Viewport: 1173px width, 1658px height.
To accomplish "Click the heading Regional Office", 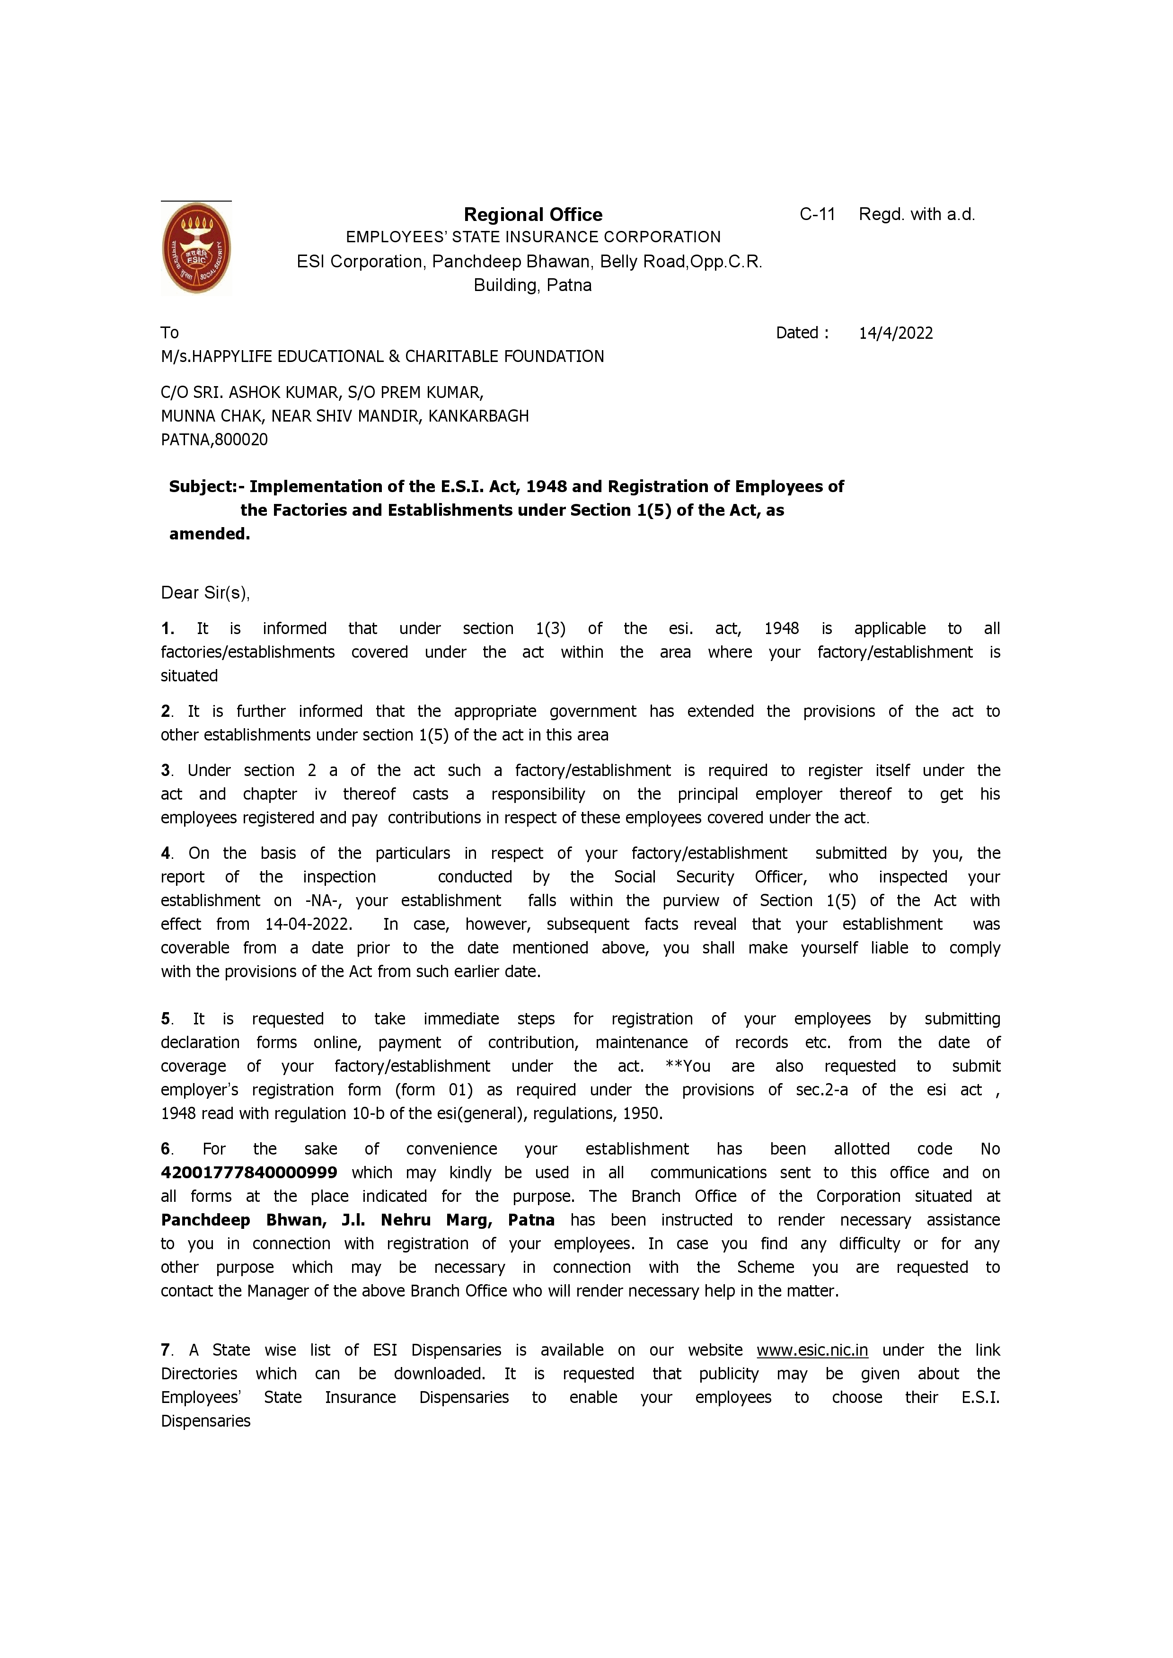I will (533, 214).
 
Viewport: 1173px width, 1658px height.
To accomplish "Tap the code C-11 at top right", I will (817, 214).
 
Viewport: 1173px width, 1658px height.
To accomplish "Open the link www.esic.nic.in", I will (812, 1350).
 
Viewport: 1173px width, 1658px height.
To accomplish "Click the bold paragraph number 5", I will (166, 1019).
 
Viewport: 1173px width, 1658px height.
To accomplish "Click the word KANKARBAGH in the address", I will (478, 416).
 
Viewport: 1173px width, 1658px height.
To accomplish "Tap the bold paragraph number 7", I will (166, 1350).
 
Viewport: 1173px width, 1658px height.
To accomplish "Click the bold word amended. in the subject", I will (210, 534).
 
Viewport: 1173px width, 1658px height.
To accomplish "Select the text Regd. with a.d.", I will (917, 214).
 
